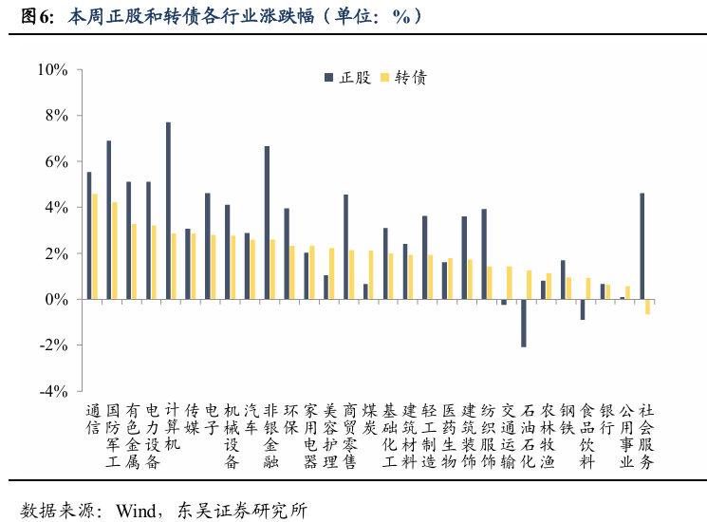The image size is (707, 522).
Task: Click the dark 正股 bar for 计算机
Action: coord(168,211)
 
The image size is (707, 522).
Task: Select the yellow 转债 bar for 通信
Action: coord(95,247)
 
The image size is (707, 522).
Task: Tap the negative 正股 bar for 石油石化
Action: coord(523,323)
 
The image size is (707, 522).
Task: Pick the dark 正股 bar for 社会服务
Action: coord(642,247)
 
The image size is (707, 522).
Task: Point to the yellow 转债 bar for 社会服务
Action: coord(648,307)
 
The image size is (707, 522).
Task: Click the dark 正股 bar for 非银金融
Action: coord(267,223)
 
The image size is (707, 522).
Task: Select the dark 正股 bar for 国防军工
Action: coord(109,220)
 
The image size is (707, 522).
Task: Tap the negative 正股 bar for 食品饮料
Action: coord(583,309)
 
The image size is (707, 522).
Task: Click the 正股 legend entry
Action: coord(347,78)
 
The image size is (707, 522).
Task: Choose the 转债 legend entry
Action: coord(403,78)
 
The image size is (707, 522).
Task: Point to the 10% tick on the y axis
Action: coord(51,70)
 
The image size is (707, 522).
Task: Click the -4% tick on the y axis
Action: coord(51,391)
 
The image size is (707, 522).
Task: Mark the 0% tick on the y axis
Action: coord(55,300)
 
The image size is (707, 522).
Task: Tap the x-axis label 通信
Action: coord(92,419)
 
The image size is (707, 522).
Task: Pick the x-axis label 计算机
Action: coord(172,427)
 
